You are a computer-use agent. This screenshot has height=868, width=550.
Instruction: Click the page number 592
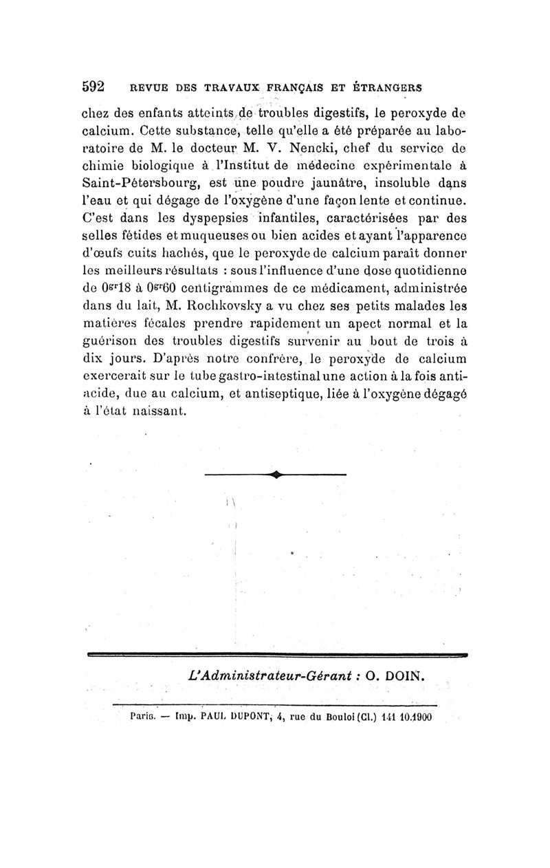point(93,87)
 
